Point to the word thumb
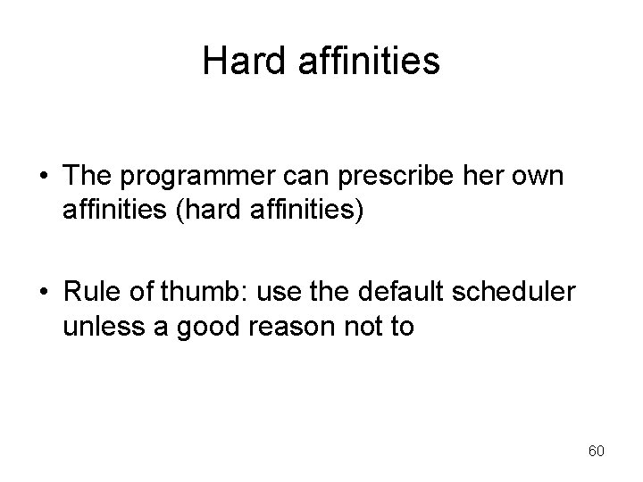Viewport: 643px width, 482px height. point(203,294)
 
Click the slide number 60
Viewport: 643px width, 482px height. point(596,452)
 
